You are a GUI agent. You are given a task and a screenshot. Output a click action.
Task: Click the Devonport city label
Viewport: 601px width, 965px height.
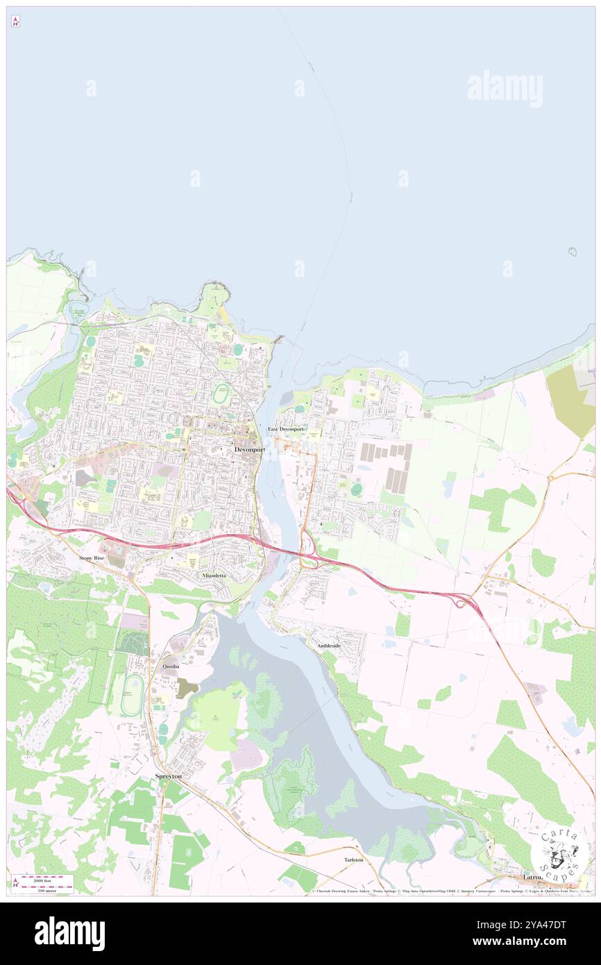click(249, 449)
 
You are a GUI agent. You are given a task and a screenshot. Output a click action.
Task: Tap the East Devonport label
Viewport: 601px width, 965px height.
click(286, 429)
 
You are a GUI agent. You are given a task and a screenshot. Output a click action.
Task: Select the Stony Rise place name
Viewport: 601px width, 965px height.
click(91, 557)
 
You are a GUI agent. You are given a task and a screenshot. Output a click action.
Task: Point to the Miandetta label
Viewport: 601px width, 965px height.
click(214, 576)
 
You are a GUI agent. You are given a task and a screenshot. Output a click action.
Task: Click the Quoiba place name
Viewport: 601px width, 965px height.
click(171, 666)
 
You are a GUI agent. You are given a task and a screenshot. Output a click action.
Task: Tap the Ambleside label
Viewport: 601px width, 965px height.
click(329, 646)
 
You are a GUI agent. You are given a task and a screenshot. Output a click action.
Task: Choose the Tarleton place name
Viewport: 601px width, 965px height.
click(353, 859)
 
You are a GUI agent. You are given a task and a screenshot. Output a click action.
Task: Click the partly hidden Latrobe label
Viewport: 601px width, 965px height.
click(533, 878)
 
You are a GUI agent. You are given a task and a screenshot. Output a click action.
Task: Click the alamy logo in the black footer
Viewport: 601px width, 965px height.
click(69, 933)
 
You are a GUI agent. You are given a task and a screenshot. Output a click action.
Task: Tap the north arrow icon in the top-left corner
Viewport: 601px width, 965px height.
click(15, 22)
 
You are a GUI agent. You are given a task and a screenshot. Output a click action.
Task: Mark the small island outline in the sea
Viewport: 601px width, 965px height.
click(573, 251)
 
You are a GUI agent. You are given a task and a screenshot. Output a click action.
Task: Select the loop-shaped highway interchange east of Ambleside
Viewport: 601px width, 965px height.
click(459, 603)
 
